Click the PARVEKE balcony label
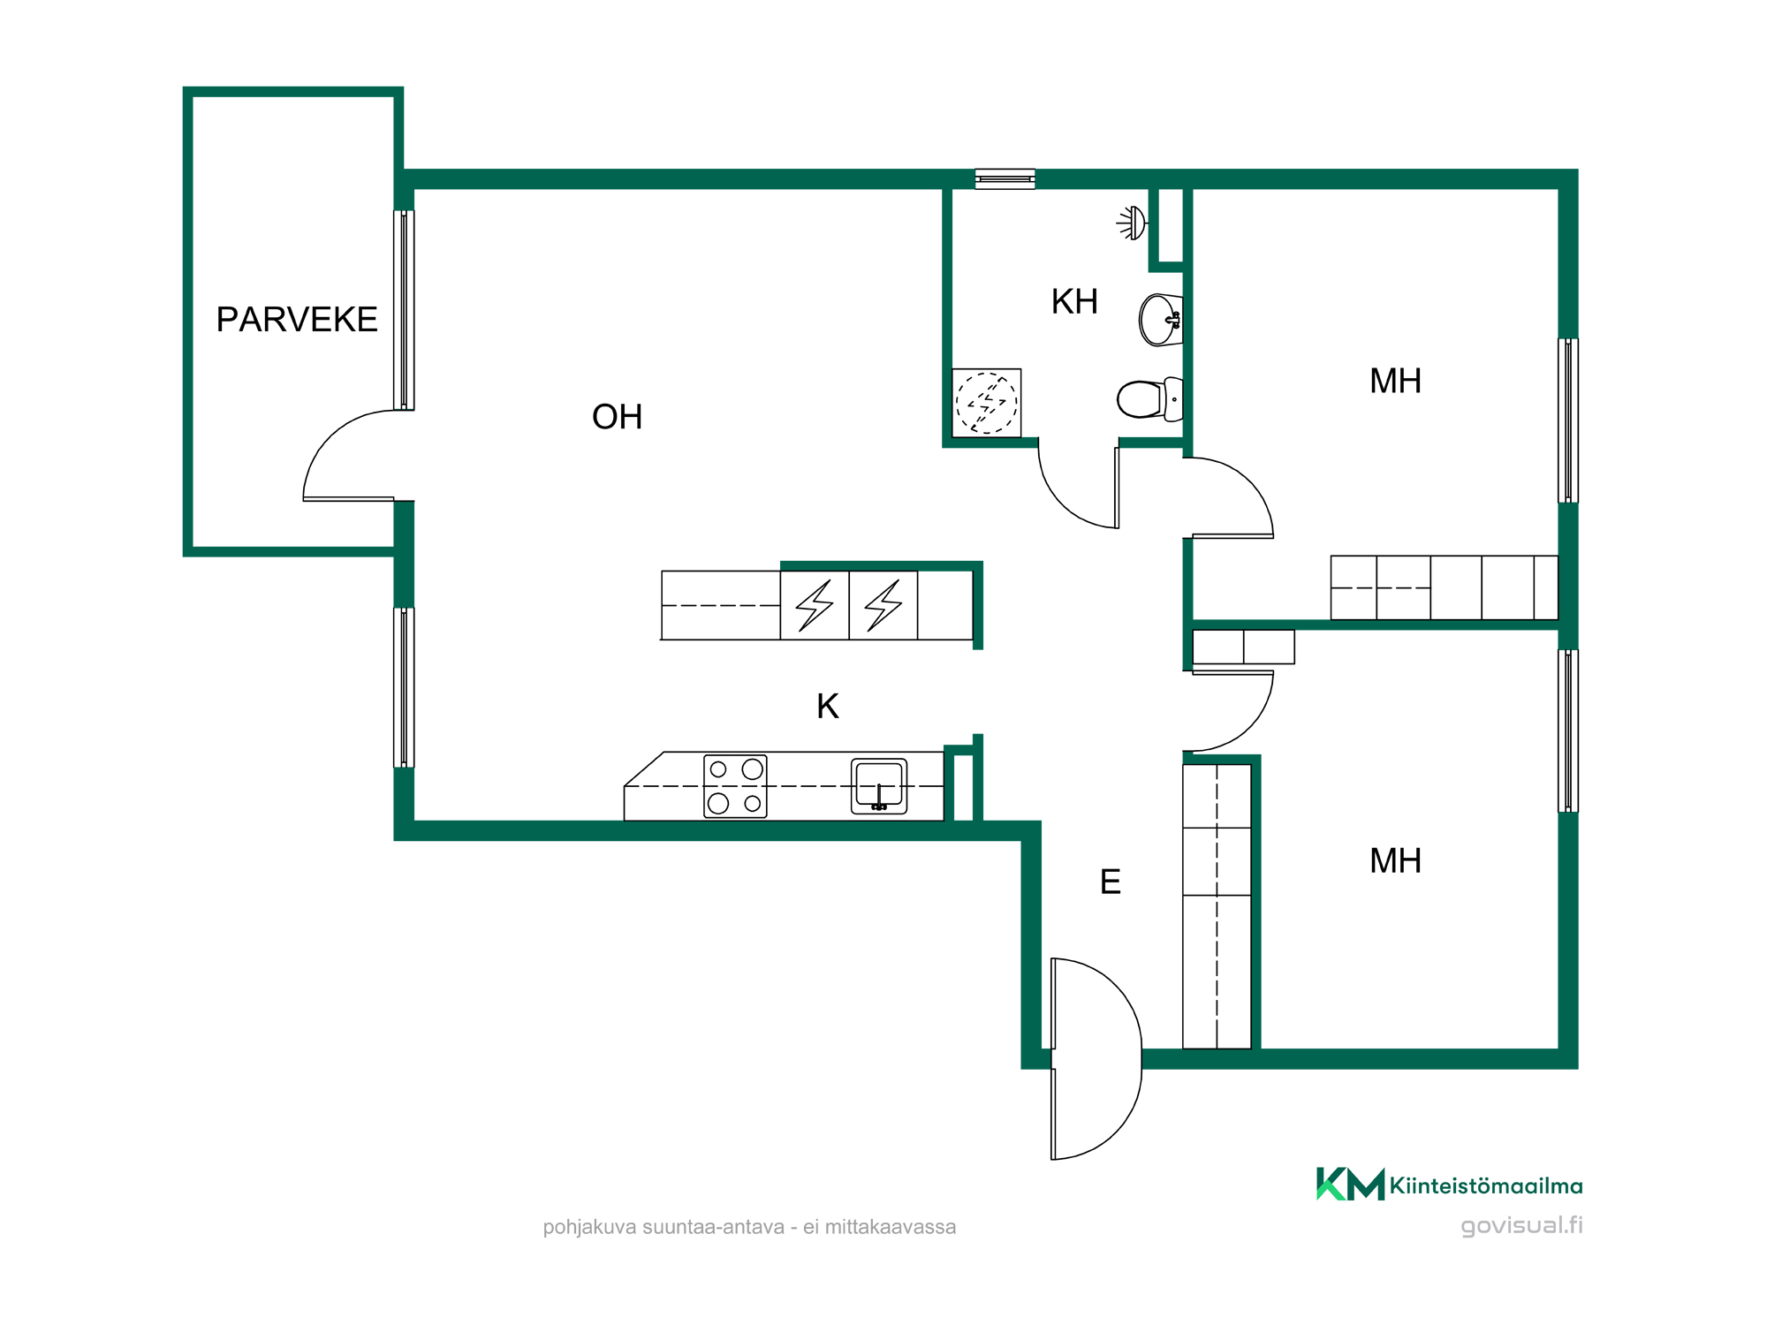point(297,320)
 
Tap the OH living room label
point(618,417)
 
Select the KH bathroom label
point(1074,302)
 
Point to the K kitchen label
point(828,707)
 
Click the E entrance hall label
point(1111,882)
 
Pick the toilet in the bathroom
point(1149,399)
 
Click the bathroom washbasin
point(1160,320)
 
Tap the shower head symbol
point(1132,223)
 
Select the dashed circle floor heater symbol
point(987,403)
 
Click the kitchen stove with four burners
point(735,786)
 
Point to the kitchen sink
point(879,786)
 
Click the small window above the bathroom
point(1005,179)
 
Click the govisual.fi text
point(1521,1226)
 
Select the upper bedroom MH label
point(1395,382)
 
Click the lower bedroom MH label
point(1395,861)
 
